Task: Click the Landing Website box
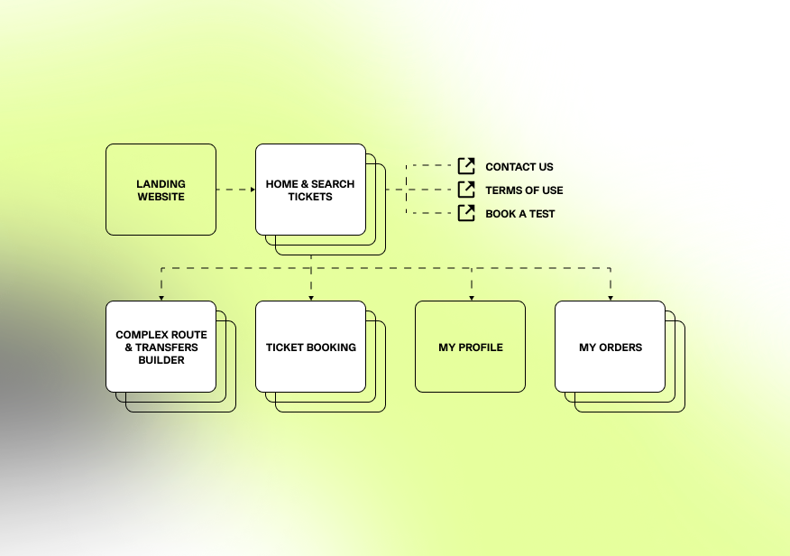click(x=161, y=190)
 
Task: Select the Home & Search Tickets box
click(x=310, y=190)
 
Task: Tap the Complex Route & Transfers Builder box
click(x=161, y=347)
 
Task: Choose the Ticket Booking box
click(x=310, y=347)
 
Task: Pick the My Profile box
click(x=470, y=347)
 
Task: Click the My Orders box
click(x=610, y=347)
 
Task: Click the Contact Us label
click(x=519, y=167)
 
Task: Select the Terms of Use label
click(x=524, y=190)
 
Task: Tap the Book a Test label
click(x=520, y=214)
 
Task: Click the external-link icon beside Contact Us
click(x=466, y=166)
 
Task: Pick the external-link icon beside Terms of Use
click(x=466, y=190)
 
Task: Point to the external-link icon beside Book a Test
click(x=466, y=213)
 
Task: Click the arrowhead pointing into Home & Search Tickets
click(x=252, y=190)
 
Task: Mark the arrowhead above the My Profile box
click(x=471, y=297)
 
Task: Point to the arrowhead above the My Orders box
click(x=611, y=297)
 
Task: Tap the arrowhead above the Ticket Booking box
click(x=311, y=297)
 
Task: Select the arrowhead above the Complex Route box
click(x=161, y=297)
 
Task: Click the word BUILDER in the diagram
click(x=161, y=360)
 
